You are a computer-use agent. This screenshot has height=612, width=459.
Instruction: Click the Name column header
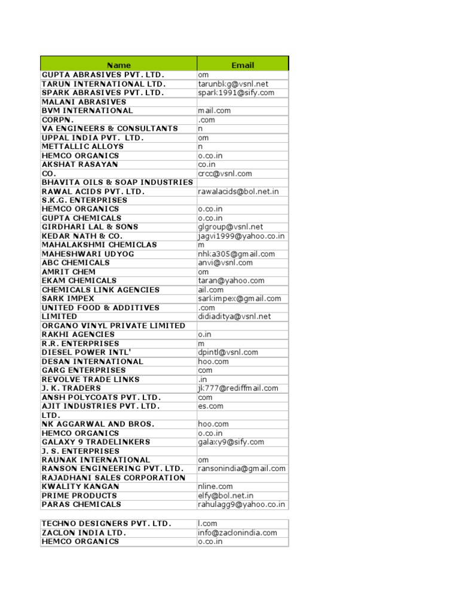click(119, 65)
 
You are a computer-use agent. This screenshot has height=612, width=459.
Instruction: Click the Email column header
click(243, 65)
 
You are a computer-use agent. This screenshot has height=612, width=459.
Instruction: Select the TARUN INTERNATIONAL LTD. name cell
click(103, 84)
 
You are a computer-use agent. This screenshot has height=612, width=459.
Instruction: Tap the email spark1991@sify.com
click(236, 93)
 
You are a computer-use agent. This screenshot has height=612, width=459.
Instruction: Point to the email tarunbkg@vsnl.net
click(233, 84)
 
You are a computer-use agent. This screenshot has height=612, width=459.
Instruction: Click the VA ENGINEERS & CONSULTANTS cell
click(110, 128)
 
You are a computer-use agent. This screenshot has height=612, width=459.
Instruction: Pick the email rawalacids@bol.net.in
click(238, 192)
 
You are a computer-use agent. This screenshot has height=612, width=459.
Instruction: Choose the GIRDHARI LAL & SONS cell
click(90, 227)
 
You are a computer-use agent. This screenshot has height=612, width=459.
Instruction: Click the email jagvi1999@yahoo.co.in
click(241, 236)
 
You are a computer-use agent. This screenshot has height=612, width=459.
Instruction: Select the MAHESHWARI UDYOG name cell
click(88, 254)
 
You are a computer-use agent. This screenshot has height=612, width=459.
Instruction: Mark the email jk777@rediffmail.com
click(238, 388)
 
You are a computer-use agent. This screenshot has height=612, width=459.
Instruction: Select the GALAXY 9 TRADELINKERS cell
click(96, 442)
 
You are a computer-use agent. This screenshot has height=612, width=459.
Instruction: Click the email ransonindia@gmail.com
click(241, 469)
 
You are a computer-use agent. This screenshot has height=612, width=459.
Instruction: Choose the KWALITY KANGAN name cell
click(80, 486)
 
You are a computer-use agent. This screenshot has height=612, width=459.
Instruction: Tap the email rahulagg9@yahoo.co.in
click(241, 504)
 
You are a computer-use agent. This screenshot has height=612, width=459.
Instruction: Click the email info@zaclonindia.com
click(237, 533)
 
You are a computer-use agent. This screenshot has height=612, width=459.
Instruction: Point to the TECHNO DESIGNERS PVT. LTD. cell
click(106, 524)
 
